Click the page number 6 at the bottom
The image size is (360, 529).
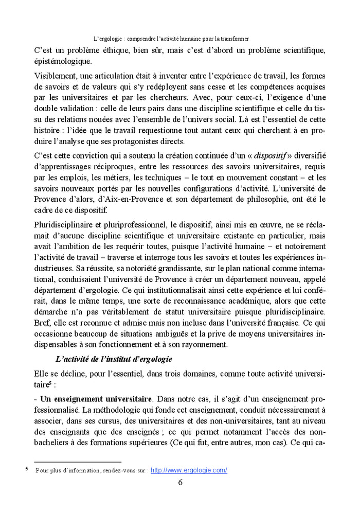(180, 482)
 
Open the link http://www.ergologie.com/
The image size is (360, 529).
(189, 470)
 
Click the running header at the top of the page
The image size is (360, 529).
(171, 39)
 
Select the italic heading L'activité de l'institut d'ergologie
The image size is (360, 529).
(114, 358)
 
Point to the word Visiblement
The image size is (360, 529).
(55, 76)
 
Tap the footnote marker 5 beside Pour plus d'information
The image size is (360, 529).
(27, 469)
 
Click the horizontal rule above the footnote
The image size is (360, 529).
(77, 462)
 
